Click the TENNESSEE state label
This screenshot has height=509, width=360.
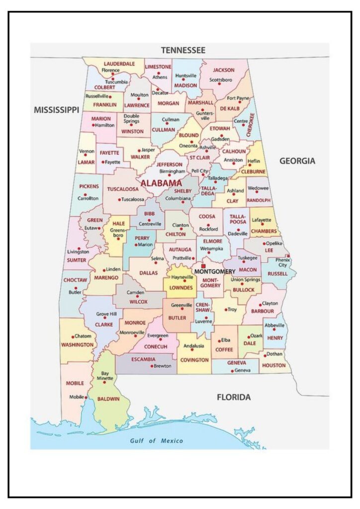(182, 50)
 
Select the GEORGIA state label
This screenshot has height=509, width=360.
(297, 161)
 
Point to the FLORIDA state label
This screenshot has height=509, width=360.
(234, 397)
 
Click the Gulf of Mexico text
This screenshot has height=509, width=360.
(157, 440)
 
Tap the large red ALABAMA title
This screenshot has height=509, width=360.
(161, 183)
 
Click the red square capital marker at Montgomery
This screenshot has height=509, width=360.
(203, 266)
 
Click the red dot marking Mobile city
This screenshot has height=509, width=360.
(87, 397)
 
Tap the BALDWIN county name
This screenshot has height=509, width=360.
(108, 399)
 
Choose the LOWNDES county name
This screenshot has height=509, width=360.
(181, 287)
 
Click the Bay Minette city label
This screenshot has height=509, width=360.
(105, 375)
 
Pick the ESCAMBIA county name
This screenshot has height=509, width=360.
(143, 359)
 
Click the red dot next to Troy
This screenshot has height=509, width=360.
(224, 309)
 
